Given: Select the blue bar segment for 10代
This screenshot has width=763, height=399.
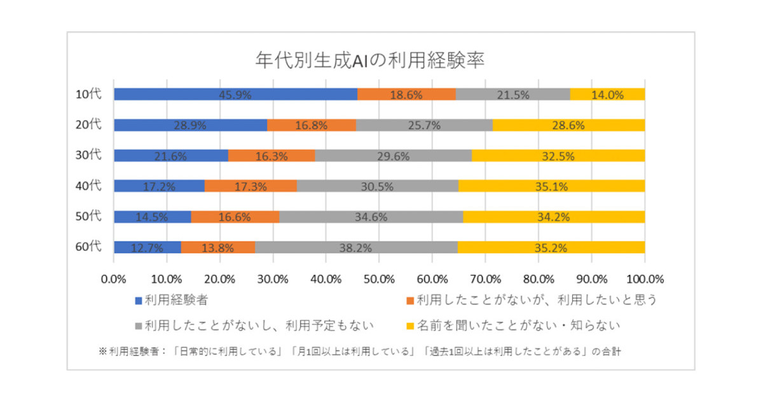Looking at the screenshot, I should [x=235, y=94].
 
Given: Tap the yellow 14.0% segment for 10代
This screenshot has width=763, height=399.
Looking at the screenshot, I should [x=607, y=94].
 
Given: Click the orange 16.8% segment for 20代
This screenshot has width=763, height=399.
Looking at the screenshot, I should [x=311, y=125].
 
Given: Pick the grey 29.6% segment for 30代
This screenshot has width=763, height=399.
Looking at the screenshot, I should [x=393, y=155].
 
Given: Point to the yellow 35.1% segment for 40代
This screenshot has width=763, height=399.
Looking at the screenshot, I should [x=551, y=186].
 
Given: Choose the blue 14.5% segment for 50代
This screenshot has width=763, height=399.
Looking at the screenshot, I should [x=152, y=216].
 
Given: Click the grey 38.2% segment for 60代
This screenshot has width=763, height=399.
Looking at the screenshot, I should [x=356, y=247].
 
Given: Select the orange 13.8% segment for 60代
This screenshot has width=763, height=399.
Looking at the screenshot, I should [x=218, y=247].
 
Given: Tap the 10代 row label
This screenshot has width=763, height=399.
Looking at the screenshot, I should [x=88, y=94].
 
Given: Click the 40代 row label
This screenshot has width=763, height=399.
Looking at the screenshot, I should [x=88, y=186].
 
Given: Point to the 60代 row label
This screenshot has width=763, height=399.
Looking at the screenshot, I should [x=88, y=247].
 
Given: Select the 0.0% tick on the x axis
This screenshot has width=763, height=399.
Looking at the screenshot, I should [x=114, y=278].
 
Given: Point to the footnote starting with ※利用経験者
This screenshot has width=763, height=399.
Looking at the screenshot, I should [x=359, y=351].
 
